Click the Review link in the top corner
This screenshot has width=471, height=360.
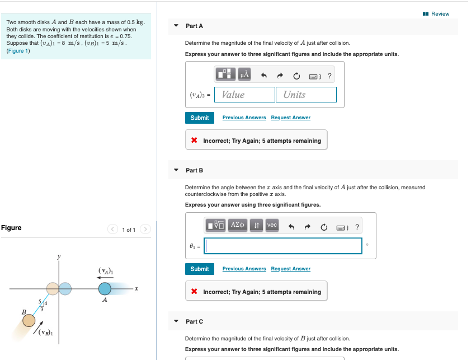tap(440, 13)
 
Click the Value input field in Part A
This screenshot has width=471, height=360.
tap(244, 95)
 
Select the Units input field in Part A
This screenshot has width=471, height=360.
tap(306, 95)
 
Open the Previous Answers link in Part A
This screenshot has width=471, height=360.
tap(244, 118)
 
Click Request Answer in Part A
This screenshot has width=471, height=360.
tap(290, 118)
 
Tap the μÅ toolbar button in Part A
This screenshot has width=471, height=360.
tap(244, 74)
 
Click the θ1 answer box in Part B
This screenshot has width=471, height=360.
tap(284, 246)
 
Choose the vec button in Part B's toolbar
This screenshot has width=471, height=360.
tap(272, 225)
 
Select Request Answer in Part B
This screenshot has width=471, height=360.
tap(290, 269)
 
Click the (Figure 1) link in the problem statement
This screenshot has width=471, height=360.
tap(18, 51)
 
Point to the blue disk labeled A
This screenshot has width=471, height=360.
tap(105, 288)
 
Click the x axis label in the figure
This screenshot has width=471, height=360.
tap(136, 289)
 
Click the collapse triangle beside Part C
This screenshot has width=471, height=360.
tap(176, 321)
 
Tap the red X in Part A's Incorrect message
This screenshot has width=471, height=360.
tap(194, 141)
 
